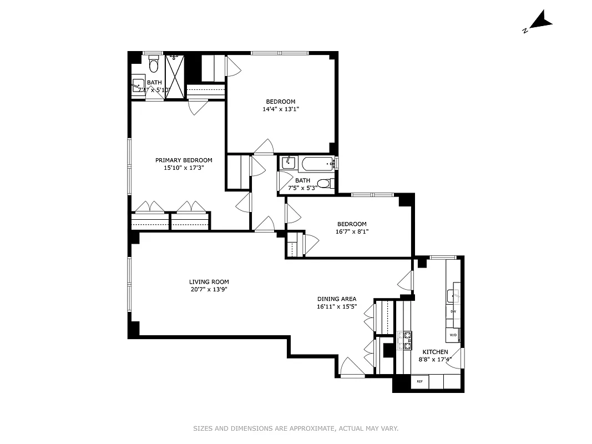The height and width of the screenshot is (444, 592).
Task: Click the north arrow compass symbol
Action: point(540,22)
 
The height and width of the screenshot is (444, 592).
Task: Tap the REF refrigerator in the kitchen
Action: point(419,381)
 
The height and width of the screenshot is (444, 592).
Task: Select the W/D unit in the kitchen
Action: point(453,335)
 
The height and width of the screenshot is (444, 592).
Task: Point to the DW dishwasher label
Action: point(453,311)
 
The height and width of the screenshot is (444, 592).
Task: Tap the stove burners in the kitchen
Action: point(404,340)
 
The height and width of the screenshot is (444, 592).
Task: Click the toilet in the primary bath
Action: point(154,64)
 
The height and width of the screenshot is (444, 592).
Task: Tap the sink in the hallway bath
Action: point(289,163)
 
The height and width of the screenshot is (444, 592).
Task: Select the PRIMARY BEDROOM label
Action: point(183,160)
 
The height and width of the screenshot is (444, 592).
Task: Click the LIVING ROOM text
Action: point(209,282)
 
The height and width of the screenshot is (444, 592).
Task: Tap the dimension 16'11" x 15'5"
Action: point(336,306)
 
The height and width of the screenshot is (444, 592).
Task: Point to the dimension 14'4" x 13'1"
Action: point(281,109)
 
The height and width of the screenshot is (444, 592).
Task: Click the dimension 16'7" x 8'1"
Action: point(352,231)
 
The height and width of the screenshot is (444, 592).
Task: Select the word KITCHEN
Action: point(435,352)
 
